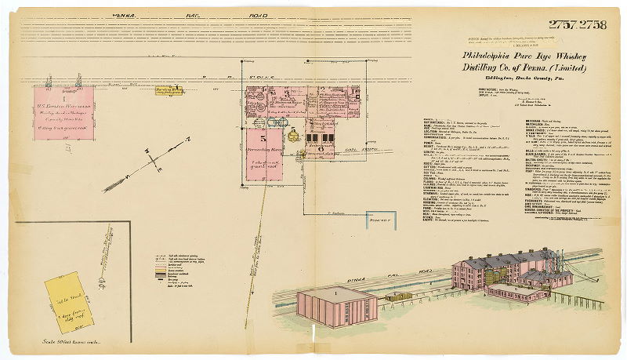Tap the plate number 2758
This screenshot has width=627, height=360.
[x=594, y=25]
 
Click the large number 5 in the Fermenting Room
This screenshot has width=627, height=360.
[x=266, y=139]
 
